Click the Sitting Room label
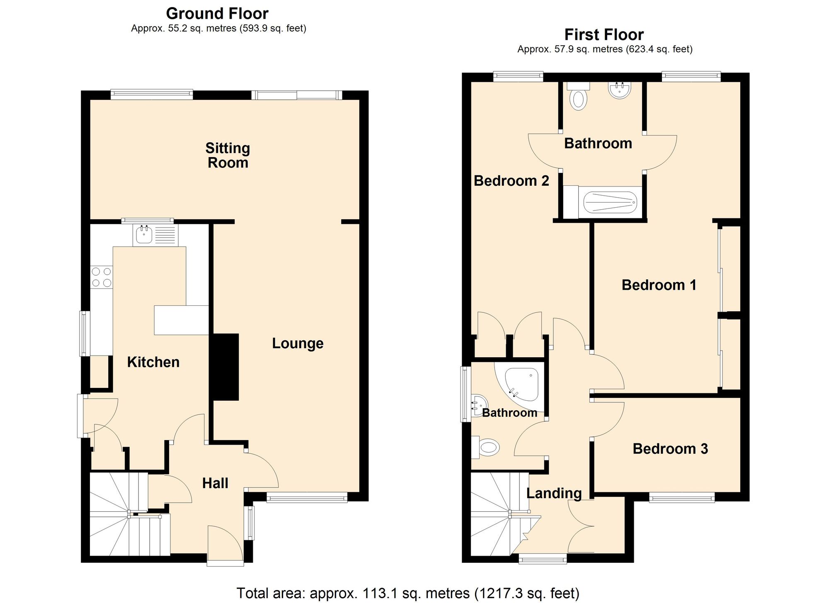[228, 155]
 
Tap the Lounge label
[298, 344]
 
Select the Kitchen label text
[153, 362]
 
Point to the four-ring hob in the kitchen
[102, 277]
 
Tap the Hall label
[215, 483]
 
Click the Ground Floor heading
[217, 14]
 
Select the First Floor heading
[604, 34]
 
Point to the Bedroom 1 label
[659, 285]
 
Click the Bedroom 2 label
[511, 181]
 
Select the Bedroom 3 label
[670, 449]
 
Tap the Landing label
[554, 493]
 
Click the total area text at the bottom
[407, 593]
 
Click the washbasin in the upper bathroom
[619, 90]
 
